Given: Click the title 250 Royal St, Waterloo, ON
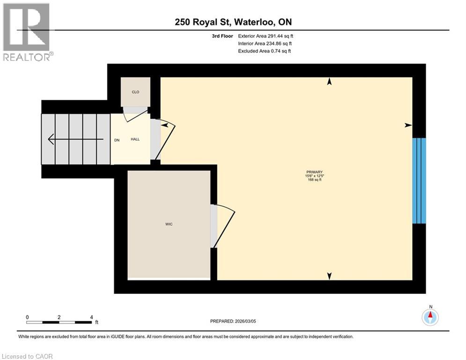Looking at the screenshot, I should tap(233, 22).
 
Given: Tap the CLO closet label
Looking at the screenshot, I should tap(135, 92).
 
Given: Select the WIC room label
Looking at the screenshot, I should tap(169, 225).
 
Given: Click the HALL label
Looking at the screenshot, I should tap(135, 139).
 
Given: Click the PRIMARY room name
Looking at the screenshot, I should tap(315, 172).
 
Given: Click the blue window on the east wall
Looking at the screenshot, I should tap(419, 180).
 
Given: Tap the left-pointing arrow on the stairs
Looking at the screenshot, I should tap(75, 139).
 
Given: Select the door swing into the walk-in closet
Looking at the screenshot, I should tap(224, 226).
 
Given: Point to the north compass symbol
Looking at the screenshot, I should tap(430, 317).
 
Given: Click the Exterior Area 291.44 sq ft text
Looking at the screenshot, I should tap(266, 36).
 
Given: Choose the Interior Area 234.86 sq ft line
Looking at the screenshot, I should tap(265, 43).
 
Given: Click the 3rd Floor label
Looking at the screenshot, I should tap(222, 36).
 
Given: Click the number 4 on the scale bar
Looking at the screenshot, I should tap(90, 317).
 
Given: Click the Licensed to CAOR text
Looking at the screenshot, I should tap(28, 356).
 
